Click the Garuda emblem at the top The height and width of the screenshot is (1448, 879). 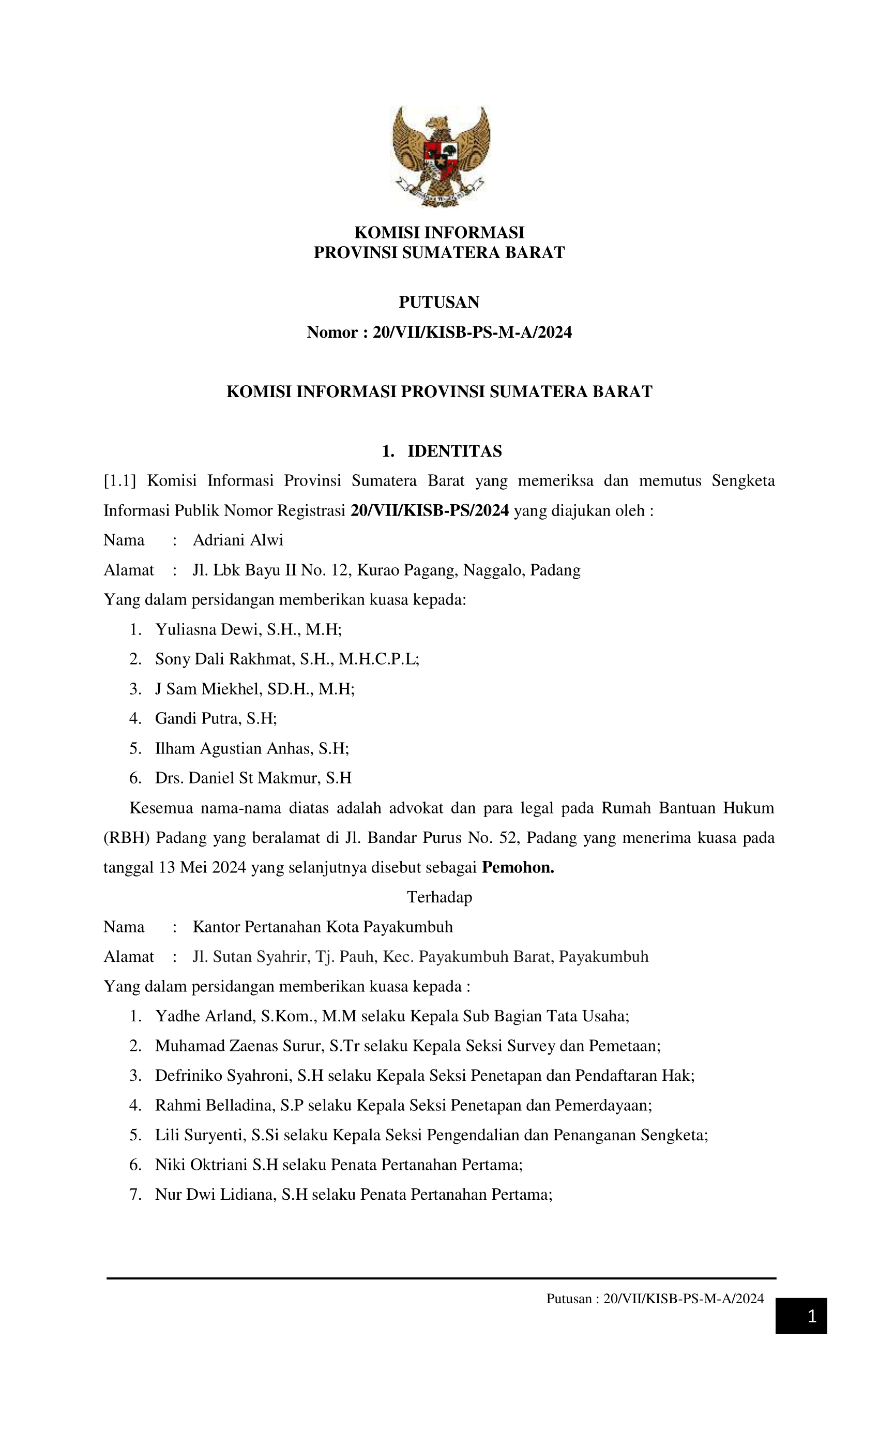point(440,156)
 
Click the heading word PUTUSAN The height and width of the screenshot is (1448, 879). point(439,302)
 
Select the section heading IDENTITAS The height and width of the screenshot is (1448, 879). point(454,451)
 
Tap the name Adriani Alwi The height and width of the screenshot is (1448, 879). point(238,540)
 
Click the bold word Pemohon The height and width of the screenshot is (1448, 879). point(518,867)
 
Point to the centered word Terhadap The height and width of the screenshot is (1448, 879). point(439,897)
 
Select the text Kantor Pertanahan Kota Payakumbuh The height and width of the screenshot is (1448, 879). point(323,927)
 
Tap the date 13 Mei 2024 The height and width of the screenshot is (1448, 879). point(202,867)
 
